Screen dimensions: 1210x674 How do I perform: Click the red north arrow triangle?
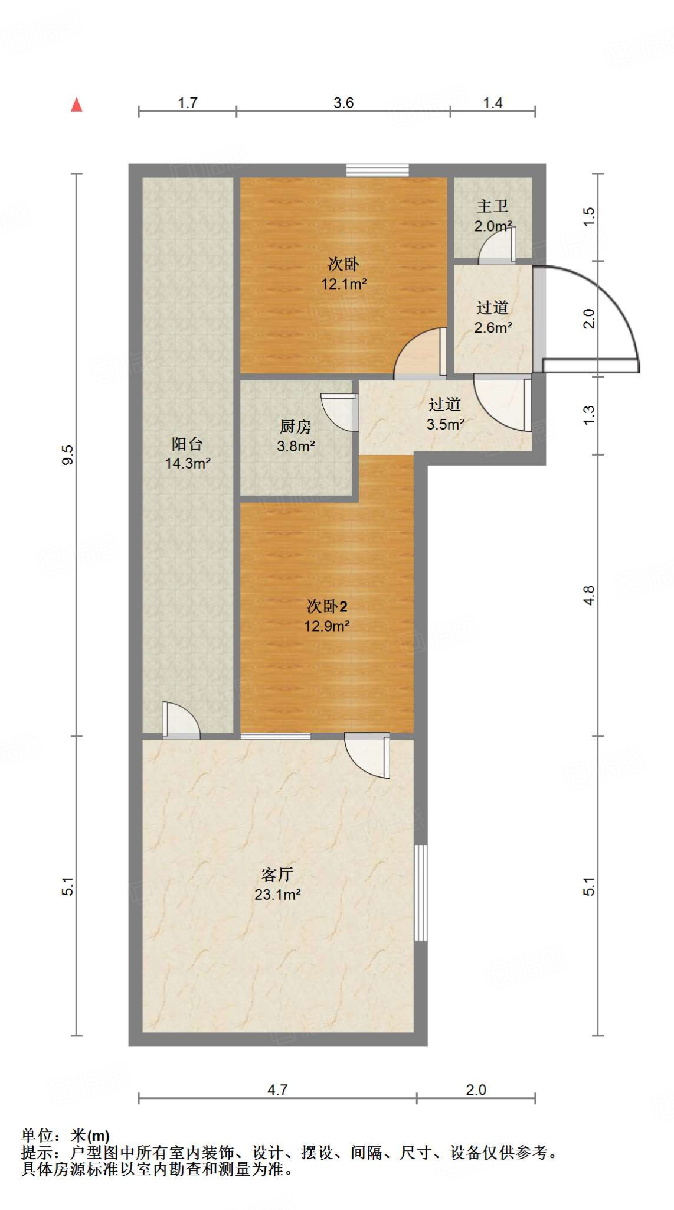click(77, 105)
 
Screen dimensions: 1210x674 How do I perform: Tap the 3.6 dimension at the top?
click(343, 103)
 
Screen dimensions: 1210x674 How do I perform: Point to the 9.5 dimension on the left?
click(68, 454)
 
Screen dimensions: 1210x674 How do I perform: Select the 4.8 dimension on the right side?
click(588, 595)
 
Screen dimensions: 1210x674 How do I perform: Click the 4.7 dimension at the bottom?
click(277, 1089)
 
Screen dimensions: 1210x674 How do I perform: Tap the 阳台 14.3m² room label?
click(188, 454)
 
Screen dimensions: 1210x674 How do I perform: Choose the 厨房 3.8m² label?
click(296, 436)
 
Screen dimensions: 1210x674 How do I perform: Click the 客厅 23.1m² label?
click(277, 884)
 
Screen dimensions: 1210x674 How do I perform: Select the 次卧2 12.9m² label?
click(326, 616)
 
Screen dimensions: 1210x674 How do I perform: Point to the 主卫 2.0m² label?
click(493, 216)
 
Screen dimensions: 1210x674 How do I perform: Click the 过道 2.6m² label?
click(493, 317)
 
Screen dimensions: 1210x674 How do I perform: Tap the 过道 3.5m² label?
click(445, 414)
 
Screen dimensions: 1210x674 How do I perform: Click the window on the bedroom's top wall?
click(377, 170)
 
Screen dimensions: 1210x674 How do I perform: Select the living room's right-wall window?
click(420, 893)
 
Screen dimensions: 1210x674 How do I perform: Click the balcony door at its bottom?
click(181, 721)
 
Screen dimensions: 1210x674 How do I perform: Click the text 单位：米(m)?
click(66, 1136)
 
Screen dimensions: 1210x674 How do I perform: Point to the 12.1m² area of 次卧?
click(344, 284)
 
